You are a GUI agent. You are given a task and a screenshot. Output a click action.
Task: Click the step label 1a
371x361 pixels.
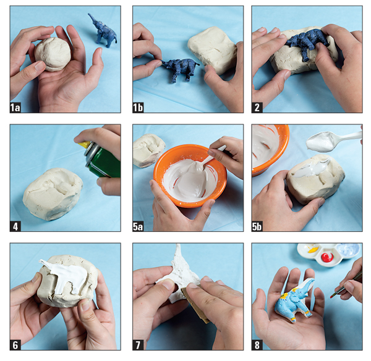15,108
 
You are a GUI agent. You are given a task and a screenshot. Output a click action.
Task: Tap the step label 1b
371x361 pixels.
138,108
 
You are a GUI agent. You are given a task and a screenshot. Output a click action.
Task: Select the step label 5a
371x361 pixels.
138,226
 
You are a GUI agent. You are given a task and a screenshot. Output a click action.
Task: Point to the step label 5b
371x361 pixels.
257,226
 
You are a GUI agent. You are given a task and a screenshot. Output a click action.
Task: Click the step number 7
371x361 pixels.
138,345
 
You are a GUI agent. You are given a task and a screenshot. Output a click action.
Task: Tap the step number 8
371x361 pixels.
257,345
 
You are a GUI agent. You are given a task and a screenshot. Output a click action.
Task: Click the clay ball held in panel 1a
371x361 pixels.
53,54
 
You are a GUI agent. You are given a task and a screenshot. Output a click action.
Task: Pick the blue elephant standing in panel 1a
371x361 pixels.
103,31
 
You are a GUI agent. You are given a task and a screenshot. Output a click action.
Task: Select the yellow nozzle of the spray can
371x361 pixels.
85,145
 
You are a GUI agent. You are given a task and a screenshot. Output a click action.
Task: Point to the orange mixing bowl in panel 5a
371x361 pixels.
190,176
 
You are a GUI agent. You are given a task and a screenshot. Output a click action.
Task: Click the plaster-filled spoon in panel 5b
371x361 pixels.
331,141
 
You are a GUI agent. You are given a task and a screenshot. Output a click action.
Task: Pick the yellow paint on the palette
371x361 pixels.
313,250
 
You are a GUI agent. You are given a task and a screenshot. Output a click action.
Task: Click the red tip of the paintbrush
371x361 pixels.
331,295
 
